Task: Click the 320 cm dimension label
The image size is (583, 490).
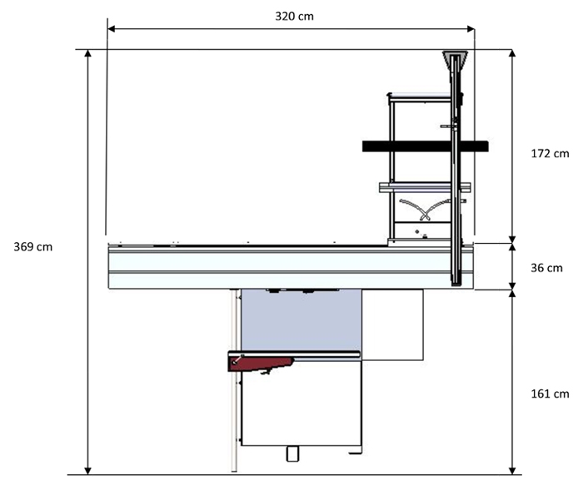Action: [x=294, y=17]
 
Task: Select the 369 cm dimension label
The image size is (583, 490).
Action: [x=33, y=247]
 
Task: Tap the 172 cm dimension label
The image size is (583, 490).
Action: [x=550, y=153]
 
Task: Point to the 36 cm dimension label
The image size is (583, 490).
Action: [x=546, y=268]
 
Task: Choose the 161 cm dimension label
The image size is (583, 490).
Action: [x=550, y=393]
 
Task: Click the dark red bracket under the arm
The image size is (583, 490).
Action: [x=260, y=364]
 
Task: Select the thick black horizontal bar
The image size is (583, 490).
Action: [x=426, y=146]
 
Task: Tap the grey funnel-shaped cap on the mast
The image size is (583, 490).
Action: [x=455, y=60]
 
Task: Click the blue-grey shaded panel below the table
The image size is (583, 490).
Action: [x=301, y=320]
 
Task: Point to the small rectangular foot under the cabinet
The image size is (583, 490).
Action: [x=292, y=453]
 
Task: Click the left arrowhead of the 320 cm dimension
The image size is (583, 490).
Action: [x=111, y=29]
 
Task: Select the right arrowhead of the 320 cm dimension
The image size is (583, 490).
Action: [x=471, y=29]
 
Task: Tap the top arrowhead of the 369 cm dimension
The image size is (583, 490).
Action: [x=87, y=53]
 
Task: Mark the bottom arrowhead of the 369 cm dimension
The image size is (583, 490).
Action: [x=87, y=471]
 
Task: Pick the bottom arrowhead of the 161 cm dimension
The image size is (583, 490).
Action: [x=512, y=471]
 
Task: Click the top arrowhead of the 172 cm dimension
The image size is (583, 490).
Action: [x=512, y=53]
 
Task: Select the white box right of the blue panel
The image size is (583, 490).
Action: [x=392, y=325]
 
